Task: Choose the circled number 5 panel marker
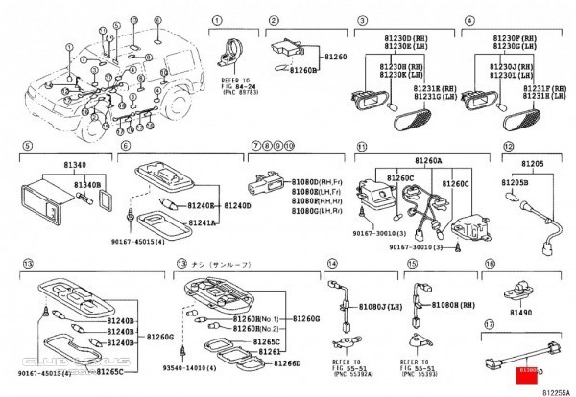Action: pos(28,145)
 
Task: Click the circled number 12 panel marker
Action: pos(508,145)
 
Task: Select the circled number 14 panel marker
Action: pos(331,262)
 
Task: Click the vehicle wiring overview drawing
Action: pos(106,86)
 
